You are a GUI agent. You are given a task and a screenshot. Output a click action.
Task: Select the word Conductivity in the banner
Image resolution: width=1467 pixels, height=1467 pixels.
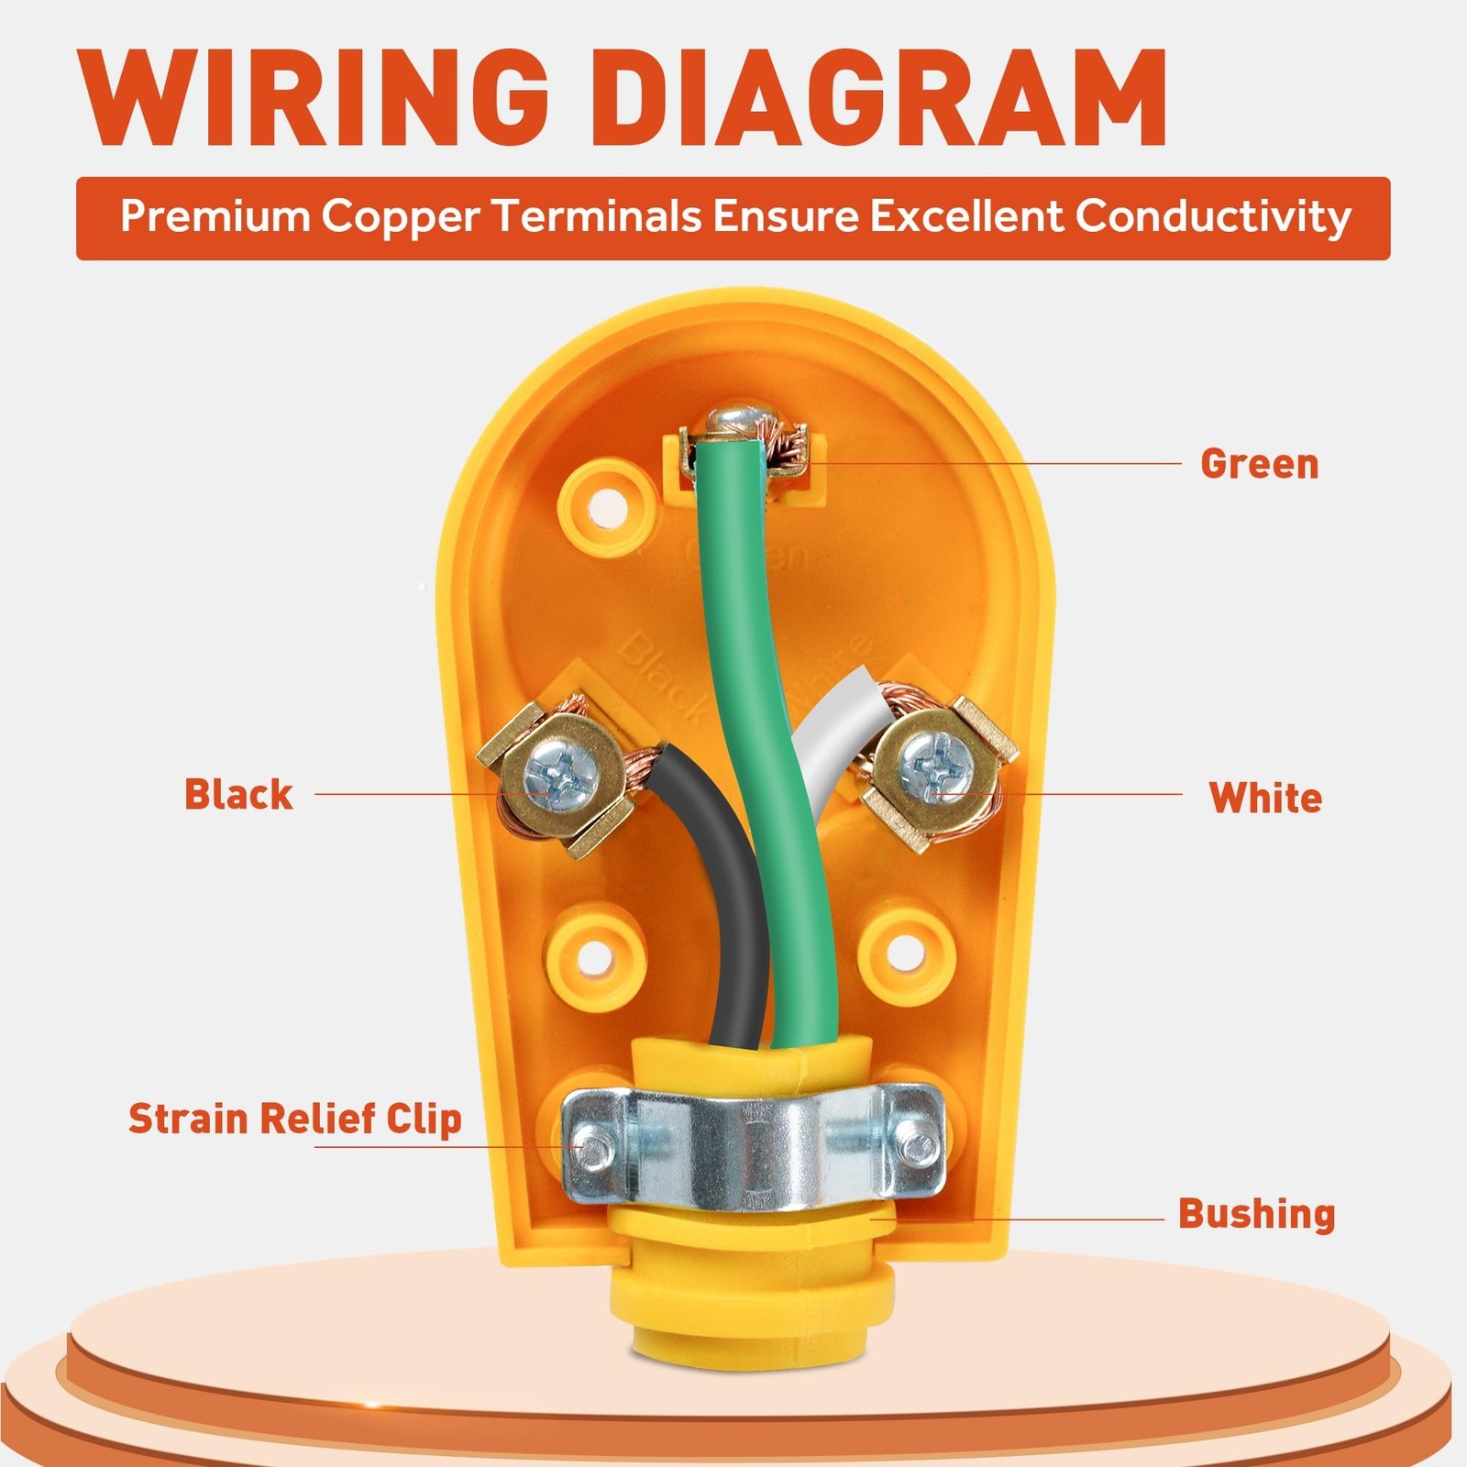click(x=1213, y=217)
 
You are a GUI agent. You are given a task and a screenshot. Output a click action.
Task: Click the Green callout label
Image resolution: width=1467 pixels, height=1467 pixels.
click(x=1260, y=464)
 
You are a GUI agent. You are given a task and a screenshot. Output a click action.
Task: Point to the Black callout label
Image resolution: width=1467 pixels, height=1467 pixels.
click(x=238, y=794)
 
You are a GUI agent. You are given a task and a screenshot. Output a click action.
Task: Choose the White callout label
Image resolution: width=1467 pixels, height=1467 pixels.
click(x=1265, y=798)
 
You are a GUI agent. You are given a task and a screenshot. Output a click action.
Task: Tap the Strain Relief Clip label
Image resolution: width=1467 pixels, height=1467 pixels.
click(x=294, y=1120)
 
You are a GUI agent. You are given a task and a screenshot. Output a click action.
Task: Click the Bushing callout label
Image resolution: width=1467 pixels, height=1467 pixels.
click(x=1256, y=1214)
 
